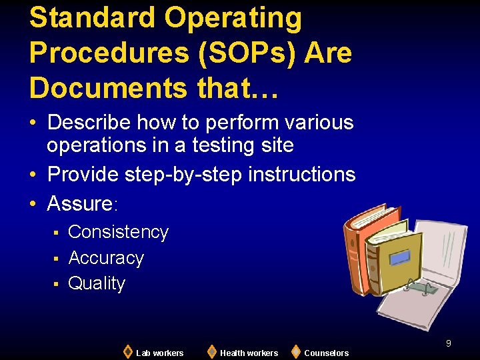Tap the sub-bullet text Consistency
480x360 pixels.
118,232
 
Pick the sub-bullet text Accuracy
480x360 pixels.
106,258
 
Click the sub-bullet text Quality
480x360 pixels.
97,283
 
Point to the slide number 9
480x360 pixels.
449,343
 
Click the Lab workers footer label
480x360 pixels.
159,353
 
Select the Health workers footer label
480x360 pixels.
249,353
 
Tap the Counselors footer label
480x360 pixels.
326,353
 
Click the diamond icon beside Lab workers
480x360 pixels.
128,351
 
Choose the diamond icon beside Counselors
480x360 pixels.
295,351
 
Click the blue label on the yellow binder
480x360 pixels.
401,257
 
